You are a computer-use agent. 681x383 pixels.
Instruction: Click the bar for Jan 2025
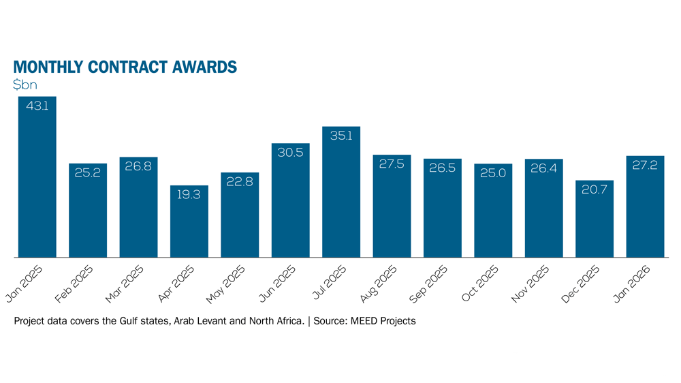[x=37, y=177]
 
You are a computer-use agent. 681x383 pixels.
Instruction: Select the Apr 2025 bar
[x=189, y=221]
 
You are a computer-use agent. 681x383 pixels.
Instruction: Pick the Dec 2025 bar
[x=595, y=219]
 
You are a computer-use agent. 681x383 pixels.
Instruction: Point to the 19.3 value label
[x=189, y=195]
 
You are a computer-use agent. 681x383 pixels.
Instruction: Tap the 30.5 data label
[x=291, y=153]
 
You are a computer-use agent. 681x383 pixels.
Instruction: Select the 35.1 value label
[x=341, y=136]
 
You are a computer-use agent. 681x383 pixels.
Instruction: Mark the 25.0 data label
[x=493, y=174]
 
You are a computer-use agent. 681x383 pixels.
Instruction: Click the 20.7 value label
[x=595, y=190]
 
